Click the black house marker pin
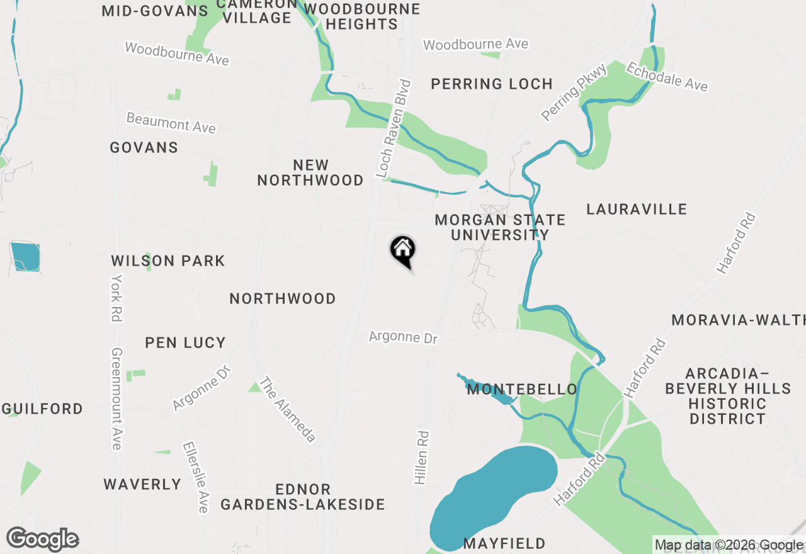tap(402, 250)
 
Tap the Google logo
tap(42, 540)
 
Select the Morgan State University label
tap(500, 227)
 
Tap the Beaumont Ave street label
tap(171, 123)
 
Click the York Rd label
tap(116, 298)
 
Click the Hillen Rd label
tap(421, 458)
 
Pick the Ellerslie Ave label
tap(195, 477)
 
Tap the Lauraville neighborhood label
tap(636, 209)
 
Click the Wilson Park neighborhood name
tap(167, 261)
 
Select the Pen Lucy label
tap(185, 342)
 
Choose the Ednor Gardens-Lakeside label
tap(302, 497)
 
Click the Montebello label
tap(522, 390)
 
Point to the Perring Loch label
tap(491, 84)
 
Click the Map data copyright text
tap(729, 545)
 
